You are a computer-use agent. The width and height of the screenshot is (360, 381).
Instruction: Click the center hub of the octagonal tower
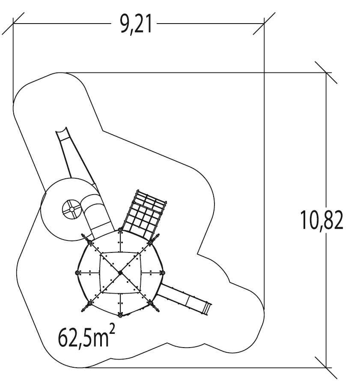[x=120, y=273]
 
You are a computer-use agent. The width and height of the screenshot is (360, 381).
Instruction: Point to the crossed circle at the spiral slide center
[x=71, y=209]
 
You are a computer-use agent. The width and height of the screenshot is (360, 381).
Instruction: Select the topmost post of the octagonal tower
[x=120, y=231]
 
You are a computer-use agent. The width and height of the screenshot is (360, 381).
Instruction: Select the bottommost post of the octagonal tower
[x=120, y=315]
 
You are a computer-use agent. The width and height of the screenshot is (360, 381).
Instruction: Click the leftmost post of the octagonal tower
[x=77, y=273]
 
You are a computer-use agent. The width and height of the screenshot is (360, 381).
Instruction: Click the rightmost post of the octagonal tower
[x=163, y=273]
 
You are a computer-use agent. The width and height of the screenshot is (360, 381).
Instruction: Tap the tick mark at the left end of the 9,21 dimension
[x=13, y=24]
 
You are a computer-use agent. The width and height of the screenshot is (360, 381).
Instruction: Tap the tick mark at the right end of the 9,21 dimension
[x=264, y=24]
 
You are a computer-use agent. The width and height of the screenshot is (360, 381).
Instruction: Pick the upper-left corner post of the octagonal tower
[x=90, y=243]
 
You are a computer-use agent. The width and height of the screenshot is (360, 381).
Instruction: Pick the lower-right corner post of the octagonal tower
[x=151, y=303]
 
